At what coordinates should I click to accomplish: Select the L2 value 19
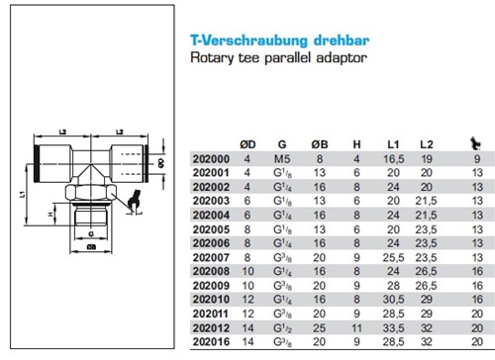(428, 158)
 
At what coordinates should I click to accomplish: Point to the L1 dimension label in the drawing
(23, 195)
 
